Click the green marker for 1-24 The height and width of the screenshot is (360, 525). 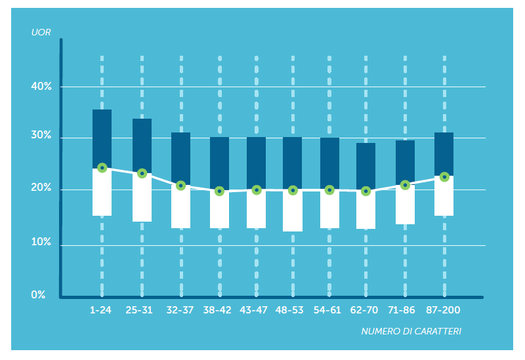(102, 168)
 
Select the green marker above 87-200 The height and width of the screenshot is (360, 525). (444, 177)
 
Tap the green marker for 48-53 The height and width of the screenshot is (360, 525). (293, 191)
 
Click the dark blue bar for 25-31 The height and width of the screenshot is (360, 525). (142, 146)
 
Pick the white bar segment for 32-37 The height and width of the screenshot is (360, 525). (180, 207)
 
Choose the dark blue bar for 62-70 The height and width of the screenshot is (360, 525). (366, 167)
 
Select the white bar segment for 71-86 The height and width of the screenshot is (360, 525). (405, 205)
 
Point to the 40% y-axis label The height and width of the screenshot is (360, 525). (41, 87)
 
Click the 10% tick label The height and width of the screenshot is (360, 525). (41, 243)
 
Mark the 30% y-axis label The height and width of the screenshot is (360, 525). (41, 136)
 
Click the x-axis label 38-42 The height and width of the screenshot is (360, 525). (217, 310)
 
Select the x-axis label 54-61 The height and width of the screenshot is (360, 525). (327, 310)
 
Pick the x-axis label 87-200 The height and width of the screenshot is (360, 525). (444, 310)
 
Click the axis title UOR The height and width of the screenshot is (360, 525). (41, 32)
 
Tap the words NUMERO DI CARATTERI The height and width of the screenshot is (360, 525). (411, 332)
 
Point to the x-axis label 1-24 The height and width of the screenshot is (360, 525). (101, 310)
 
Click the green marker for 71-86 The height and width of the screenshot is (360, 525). (405, 186)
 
